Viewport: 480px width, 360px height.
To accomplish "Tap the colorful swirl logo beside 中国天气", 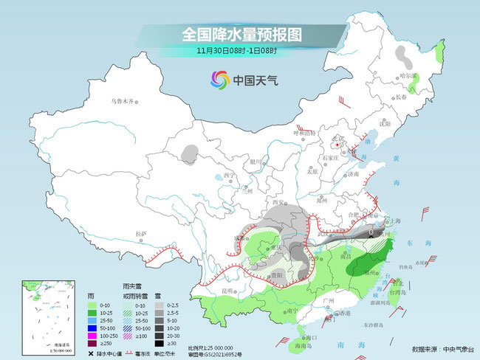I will (220, 79).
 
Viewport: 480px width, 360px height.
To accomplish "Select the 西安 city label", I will (278, 201).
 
